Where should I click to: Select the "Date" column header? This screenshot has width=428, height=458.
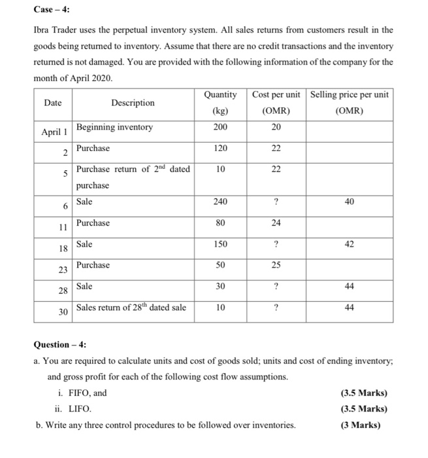pyautogui.click(x=53, y=103)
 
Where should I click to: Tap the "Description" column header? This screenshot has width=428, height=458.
pyautogui.click(x=133, y=103)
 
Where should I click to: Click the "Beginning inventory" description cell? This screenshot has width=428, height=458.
pyautogui.click(x=114, y=127)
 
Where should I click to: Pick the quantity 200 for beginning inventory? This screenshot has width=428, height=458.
pyautogui.click(x=220, y=127)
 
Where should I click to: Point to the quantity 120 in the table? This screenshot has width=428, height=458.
pyautogui.click(x=220, y=149)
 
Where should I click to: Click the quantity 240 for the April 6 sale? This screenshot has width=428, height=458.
pyautogui.click(x=220, y=202)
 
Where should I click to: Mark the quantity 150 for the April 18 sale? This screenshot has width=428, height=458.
pyautogui.click(x=220, y=244)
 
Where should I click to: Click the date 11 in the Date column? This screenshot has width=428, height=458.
pyautogui.click(x=63, y=228)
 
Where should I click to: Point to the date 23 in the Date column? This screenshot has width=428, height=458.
pyautogui.click(x=63, y=270)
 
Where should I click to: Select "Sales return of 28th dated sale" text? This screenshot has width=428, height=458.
pyautogui.click(x=131, y=308)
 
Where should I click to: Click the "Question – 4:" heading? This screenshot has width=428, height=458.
pyautogui.click(x=60, y=345)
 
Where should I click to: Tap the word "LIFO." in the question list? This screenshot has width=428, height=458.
pyautogui.click(x=79, y=409)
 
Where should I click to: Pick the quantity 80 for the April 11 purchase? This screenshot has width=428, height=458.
pyautogui.click(x=220, y=223)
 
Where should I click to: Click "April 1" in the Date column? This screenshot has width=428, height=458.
pyautogui.click(x=54, y=132)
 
